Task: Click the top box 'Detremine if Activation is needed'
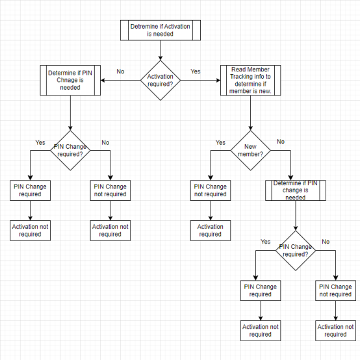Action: pos(161,31)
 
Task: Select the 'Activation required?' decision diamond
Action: pos(161,81)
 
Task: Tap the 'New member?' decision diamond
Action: pos(250,150)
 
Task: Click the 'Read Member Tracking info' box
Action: pos(250,80)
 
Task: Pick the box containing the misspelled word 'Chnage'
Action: pos(70,80)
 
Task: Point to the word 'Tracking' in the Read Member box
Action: pos(241,77)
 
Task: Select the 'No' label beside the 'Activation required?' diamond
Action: pos(120,71)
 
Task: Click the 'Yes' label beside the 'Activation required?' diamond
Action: pos(196,71)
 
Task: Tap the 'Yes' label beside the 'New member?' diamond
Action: pos(220,142)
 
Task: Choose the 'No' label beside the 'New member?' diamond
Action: pos(281,142)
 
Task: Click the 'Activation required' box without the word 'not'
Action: pos(211,231)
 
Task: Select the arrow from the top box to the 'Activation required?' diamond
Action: pos(161,51)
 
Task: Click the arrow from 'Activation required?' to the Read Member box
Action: pos(200,81)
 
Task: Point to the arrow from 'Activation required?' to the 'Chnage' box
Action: pos(120,81)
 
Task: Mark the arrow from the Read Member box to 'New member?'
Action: pos(250,113)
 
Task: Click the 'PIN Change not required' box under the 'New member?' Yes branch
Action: pos(211,190)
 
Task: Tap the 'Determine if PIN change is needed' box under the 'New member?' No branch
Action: pos(296,190)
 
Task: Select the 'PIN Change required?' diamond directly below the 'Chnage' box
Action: pos(70,150)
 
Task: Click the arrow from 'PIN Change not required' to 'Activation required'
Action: pos(211,211)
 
